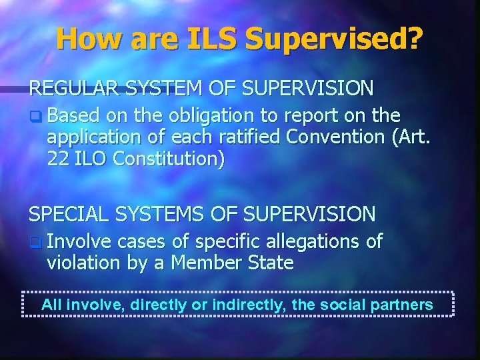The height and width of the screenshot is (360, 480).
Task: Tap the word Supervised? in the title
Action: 333,40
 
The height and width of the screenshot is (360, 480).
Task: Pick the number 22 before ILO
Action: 58,159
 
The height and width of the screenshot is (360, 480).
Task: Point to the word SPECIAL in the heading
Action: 67,214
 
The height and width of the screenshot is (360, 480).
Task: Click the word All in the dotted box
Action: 51,305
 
